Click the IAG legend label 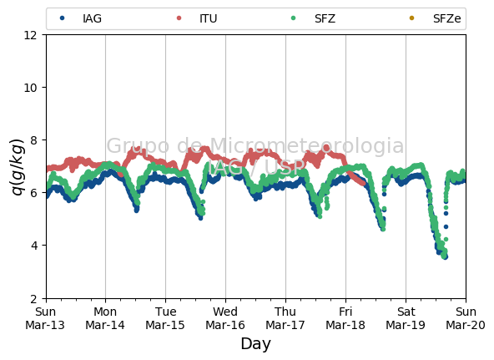[x=92, y=18]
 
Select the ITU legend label [x=209, y=18]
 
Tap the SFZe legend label [x=446, y=18]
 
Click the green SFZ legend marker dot [x=294, y=18]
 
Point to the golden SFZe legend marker [x=411, y=18]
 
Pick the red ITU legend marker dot [x=179, y=18]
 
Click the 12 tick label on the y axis [x=31, y=35]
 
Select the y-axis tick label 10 [x=31, y=88]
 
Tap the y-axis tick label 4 [x=33, y=246]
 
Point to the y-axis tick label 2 [x=33, y=298]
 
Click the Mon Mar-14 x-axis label [x=105, y=318]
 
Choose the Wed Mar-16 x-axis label [x=225, y=318]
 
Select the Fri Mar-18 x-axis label [x=345, y=318]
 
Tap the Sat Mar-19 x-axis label [x=406, y=318]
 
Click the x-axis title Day [x=255, y=344]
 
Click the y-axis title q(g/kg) [x=18, y=167]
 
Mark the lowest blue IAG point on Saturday [x=446, y=257]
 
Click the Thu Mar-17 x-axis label [x=285, y=318]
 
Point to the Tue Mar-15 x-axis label [x=165, y=318]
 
